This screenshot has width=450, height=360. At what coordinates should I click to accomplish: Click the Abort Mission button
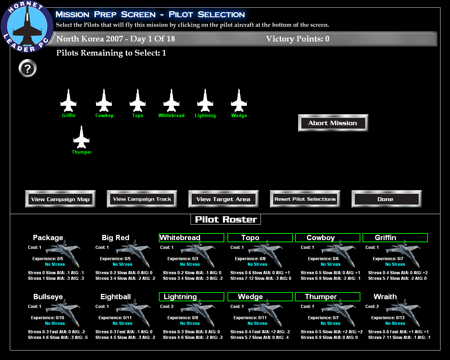[333, 123]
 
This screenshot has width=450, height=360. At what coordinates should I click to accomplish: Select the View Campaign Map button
[60, 199]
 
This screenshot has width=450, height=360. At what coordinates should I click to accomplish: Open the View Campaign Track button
[142, 199]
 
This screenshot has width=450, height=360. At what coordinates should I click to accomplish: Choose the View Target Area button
[224, 199]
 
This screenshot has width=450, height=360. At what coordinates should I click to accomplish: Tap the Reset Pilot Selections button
[305, 199]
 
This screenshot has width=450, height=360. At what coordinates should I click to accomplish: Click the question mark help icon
[28, 68]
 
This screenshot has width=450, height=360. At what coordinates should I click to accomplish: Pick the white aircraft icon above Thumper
[82, 137]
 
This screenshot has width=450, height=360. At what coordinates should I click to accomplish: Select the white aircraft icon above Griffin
[69, 101]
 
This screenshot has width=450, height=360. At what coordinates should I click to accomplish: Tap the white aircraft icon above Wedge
[239, 101]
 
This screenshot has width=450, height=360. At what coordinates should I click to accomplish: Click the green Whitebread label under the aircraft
[171, 116]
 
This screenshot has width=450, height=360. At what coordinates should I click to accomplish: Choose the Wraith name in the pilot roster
[385, 297]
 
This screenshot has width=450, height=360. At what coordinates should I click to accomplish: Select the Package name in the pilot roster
[48, 238]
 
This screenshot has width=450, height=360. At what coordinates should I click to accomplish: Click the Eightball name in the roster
[116, 297]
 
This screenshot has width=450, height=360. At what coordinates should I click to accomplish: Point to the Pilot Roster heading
[226, 219]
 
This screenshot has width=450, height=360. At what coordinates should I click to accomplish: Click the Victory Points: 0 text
[297, 39]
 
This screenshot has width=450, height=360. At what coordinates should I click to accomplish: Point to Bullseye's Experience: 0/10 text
[47, 318]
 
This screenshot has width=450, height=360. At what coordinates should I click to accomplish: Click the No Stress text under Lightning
[190, 323]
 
